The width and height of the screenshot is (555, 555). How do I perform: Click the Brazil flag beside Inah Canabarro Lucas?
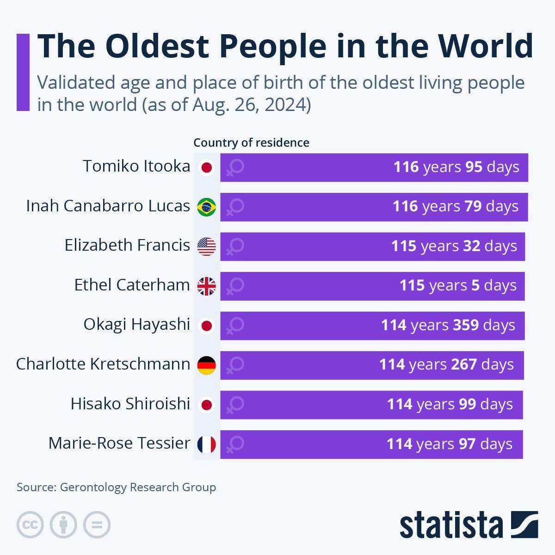point(206,207)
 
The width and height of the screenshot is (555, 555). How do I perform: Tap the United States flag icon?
point(206,247)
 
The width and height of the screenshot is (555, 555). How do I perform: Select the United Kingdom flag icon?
point(206,286)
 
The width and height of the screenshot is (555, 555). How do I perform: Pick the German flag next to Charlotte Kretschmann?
point(206,365)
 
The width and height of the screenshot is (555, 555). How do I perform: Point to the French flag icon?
point(206,444)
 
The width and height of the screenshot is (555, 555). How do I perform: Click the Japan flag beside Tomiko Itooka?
point(206,167)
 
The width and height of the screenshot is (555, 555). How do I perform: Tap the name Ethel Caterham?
point(132,285)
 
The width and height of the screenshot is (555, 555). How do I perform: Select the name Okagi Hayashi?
point(136,324)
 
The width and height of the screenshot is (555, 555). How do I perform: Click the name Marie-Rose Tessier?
point(119,443)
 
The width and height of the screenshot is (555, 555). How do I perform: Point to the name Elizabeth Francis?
point(127,245)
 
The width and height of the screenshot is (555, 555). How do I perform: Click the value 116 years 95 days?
point(456,167)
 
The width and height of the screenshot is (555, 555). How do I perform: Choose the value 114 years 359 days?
point(448,325)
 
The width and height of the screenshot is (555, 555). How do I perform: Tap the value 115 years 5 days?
point(458,285)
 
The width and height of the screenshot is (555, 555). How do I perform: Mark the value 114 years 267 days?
point(446,364)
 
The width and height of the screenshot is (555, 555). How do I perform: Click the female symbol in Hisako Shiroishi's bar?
point(235,405)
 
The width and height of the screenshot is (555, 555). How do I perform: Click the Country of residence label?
point(251,142)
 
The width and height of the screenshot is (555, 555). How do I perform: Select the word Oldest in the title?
point(157,46)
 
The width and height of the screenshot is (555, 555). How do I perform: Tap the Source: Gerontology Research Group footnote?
point(116,487)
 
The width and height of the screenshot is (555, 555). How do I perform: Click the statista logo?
point(469,525)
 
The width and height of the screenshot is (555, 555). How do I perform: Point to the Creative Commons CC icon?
point(30,525)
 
